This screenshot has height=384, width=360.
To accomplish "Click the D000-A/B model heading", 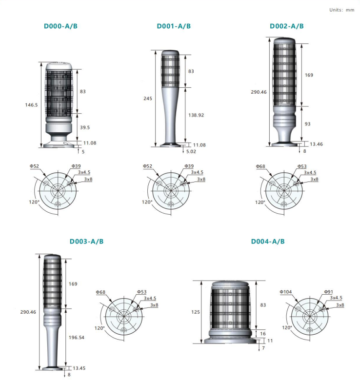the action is pyautogui.click(x=60, y=26).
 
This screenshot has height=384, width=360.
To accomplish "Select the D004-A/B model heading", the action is pyautogui.click(x=268, y=242).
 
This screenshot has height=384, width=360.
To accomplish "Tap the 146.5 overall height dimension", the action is pyautogui.click(x=31, y=105).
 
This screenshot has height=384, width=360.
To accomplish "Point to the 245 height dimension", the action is pyautogui.click(x=148, y=99).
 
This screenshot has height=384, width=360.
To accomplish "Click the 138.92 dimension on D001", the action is pyautogui.click(x=196, y=115).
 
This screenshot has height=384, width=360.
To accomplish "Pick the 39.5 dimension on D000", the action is pyautogui.click(x=85, y=127).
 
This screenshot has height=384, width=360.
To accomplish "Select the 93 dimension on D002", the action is pyautogui.click(x=307, y=124).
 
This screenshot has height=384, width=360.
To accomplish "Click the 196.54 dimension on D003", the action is pyautogui.click(x=77, y=338).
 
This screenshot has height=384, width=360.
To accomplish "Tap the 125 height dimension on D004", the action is pyautogui.click(x=196, y=312).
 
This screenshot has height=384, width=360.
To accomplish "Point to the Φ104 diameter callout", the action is pyautogui.click(x=285, y=292).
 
